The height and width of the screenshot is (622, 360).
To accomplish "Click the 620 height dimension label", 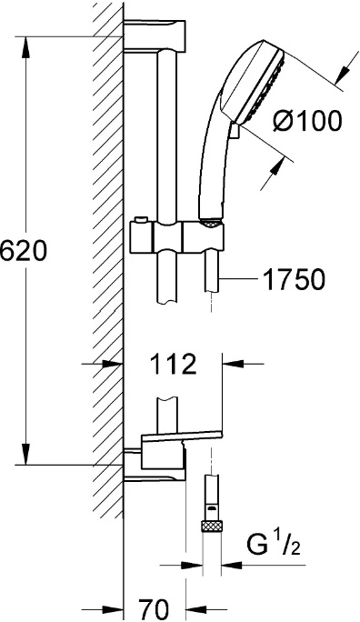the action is [x=24, y=251].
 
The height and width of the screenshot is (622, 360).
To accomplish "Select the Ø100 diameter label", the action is [x=307, y=120].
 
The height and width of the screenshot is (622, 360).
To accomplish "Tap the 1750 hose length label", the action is [x=294, y=279].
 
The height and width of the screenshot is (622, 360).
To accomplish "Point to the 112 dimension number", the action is [x=174, y=364].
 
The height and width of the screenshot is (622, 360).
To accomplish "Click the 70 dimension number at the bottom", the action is [x=154, y=608].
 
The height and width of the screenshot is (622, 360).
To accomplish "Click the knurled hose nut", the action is [x=211, y=527].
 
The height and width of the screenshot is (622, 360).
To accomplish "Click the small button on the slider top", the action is [x=140, y=219].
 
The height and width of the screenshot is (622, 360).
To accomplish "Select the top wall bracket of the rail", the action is [x=155, y=35].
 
